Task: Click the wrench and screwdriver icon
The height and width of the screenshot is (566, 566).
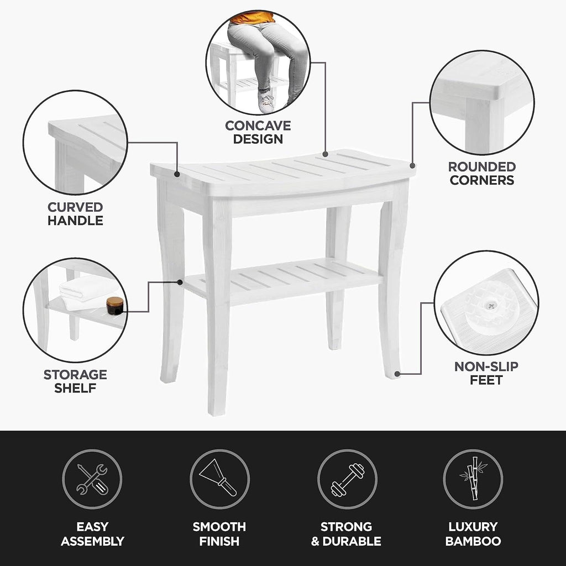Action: [92, 479]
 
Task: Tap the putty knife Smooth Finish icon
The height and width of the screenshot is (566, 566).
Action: [219, 479]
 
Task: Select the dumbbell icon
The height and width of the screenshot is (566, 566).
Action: [347, 479]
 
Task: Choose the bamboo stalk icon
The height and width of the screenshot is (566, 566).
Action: [473, 479]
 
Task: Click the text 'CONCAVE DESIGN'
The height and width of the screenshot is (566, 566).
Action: [258, 133]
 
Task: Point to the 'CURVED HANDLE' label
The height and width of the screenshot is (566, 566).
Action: [75, 214]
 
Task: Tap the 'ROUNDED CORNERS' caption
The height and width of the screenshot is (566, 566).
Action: [481, 174]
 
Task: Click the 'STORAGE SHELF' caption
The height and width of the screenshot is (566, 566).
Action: [75, 381]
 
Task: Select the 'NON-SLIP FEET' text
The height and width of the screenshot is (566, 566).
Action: [486, 373]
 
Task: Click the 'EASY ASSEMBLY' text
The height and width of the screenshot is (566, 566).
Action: [92, 534]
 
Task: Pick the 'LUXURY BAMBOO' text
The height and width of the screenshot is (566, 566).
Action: [473, 534]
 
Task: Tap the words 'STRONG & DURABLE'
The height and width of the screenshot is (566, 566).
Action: [347, 534]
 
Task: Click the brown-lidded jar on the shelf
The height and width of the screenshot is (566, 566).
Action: [115, 305]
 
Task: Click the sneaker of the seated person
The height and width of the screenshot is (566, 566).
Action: [266, 102]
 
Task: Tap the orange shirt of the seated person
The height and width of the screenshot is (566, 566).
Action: [252, 18]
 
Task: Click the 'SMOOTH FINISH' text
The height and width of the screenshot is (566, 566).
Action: [219, 534]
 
